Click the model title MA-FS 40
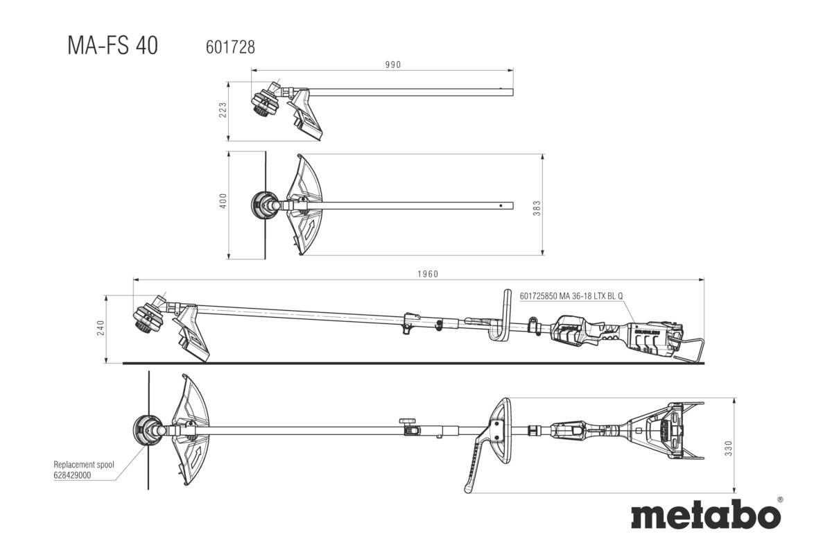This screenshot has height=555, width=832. click(x=112, y=46)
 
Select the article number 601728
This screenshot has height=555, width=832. click(x=230, y=47)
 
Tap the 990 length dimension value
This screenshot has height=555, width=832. click(x=394, y=65)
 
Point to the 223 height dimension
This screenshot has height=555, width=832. click(x=223, y=111)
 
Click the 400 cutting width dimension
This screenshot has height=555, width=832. click(x=223, y=201)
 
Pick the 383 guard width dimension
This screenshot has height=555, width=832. click(x=537, y=207)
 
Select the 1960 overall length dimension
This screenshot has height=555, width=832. click(x=428, y=274)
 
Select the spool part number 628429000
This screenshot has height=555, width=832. click(x=71, y=476)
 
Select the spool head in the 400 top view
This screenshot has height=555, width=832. click(x=264, y=206)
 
